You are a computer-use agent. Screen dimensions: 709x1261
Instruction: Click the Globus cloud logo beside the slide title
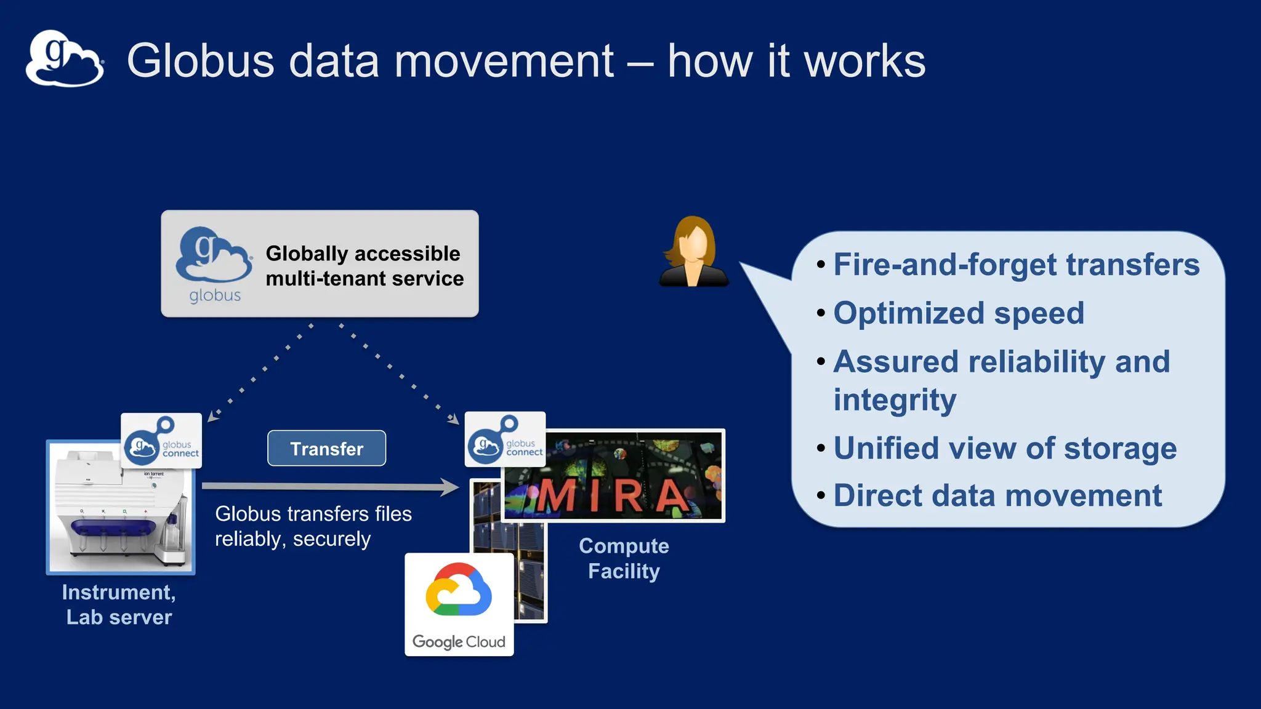click(65, 59)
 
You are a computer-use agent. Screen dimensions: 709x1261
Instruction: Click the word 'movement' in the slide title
click(504, 61)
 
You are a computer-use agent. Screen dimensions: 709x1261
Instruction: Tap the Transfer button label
click(327, 449)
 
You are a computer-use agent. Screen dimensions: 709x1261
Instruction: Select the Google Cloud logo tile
click(459, 604)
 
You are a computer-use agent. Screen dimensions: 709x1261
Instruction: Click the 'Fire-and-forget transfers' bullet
click(1016, 265)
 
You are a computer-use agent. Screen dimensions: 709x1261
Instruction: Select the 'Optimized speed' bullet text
click(958, 313)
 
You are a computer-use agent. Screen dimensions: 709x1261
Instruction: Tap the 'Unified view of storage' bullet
click(1004, 448)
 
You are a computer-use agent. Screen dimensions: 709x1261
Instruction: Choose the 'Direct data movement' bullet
click(997, 496)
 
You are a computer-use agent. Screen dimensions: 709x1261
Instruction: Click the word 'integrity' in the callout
click(895, 400)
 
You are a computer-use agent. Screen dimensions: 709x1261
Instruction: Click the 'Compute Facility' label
click(624, 558)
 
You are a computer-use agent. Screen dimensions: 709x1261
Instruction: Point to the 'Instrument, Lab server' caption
click(119, 604)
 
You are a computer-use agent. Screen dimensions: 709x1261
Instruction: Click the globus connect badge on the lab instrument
click(161, 441)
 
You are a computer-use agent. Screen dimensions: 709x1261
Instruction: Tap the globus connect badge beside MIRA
click(505, 439)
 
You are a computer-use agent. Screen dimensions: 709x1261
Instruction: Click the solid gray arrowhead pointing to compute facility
click(449, 487)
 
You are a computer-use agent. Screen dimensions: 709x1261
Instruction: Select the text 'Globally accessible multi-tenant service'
click(364, 266)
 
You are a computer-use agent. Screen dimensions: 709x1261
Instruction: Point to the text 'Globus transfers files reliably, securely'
click(313, 526)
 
